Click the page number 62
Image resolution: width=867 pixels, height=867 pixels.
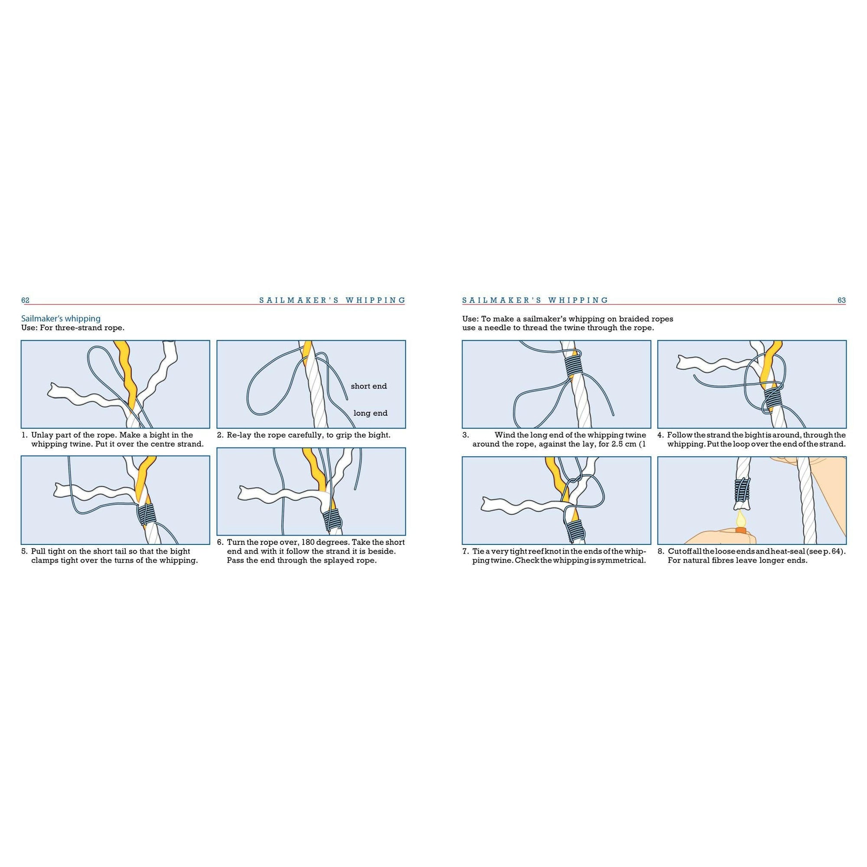(x=26, y=301)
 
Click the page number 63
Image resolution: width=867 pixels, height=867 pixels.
(x=841, y=301)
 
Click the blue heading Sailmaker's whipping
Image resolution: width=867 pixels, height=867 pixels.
(x=61, y=319)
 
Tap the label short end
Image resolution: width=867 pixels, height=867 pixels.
(x=368, y=386)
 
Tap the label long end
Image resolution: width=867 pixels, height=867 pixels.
(x=370, y=413)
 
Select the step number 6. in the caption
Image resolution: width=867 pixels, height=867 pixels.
(x=220, y=542)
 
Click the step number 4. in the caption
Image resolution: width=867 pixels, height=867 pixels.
(x=661, y=435)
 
